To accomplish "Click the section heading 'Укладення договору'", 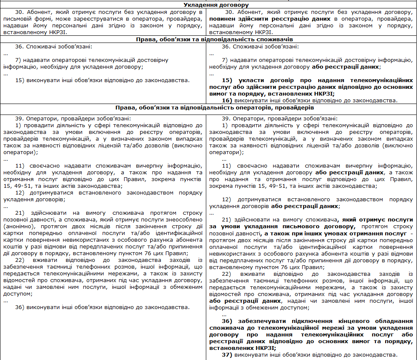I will (209, 5).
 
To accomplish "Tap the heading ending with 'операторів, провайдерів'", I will (209, 108).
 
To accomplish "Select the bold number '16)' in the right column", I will (227, 101).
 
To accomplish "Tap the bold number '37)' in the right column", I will (227, 355).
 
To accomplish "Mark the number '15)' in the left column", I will (20, 80).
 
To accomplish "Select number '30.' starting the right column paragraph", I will (226, 13).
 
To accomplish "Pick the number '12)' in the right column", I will (227, 199).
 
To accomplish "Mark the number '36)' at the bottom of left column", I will (20, 307).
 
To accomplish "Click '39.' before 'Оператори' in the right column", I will (226, 119).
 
